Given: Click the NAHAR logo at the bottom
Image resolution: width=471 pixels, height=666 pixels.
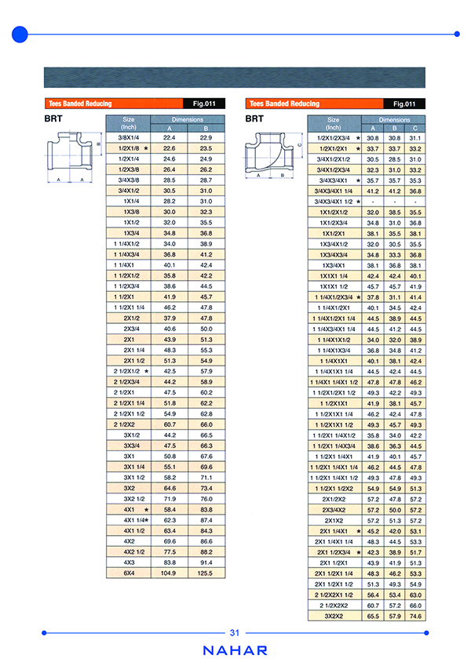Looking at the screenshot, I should pyautogui.click(x=235, y=650).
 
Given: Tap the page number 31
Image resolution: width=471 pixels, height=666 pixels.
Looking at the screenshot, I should pyautogui.click(x=235, y=633).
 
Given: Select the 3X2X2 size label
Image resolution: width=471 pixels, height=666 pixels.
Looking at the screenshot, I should pyautogui.click(x=334, y=617).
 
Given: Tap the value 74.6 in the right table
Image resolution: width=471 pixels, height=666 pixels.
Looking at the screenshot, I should pyautogui.click(x=415, y=617).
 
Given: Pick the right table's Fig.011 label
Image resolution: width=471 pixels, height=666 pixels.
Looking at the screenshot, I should pyautogui.click(x=405, y=104).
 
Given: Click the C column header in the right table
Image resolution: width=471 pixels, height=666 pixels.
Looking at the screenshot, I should pyautogui.click(x=415, y=128).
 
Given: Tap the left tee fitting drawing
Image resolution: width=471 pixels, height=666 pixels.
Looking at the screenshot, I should pyautogui.click(x=71, y=154).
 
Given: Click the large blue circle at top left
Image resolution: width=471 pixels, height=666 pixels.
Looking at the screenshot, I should pyautogui.click(x=20, y=34).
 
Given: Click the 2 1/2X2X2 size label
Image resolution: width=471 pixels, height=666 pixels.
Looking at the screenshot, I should pyautogui.click(x=334, y=606).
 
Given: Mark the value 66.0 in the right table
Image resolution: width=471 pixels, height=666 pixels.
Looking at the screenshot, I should pyautogui.click(x=415, y=606).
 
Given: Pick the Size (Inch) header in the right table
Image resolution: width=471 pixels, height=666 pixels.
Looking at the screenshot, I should pyautogui.click(x=334, y=124).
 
